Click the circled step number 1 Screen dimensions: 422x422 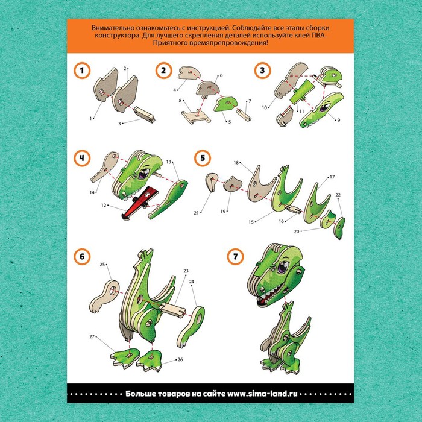[x=82, y=71]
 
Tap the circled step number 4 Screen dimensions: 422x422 [x=82, y=158]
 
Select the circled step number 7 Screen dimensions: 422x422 [x=236, y=256]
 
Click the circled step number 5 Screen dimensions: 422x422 [x=203, y=158]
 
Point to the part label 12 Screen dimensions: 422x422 [x=104, y=206]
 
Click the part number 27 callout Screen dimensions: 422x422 [x=92, y=336]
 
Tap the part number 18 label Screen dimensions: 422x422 [x=236, y=163]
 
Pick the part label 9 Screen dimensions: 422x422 [x=339, y=121]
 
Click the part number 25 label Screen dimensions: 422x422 [x=102, y=265]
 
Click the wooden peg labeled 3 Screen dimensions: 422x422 [x=145, y=114]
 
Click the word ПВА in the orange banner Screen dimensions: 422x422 [x=320, y=35]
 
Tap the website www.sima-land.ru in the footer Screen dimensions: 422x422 [x=262, y=394]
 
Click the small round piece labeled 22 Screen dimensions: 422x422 [x=339, y=227]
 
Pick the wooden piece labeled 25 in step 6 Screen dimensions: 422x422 [x=104, y=295]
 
